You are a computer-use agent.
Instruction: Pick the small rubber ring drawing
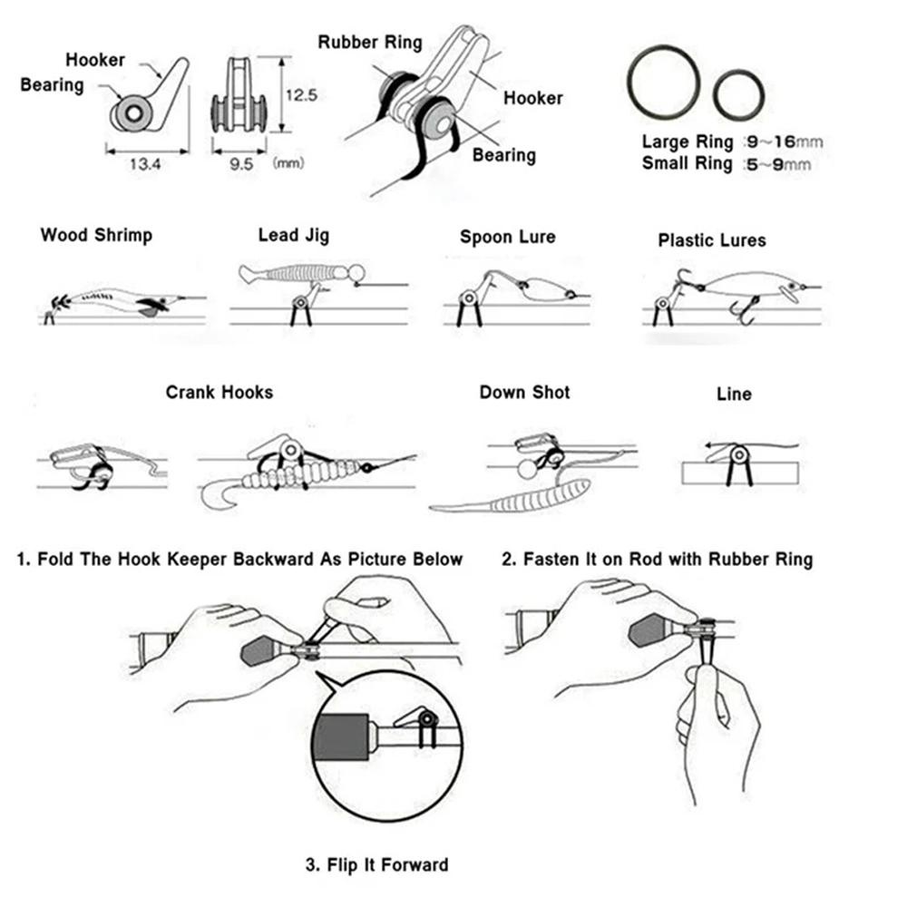coord(738,95)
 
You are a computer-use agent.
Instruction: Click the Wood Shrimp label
coord(96,236)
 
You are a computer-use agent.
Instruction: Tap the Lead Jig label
coord(294,236)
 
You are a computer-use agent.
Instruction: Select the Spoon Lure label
coord(507,238)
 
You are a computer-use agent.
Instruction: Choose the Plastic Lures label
coord(712,240)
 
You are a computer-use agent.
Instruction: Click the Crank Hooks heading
coord(219,393)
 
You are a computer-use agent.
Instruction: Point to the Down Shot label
coord(525,393)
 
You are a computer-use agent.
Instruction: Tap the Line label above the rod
coord(734,395)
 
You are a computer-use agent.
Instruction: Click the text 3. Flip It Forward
coord(376,864)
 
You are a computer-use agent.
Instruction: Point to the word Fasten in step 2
coord(552,559)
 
